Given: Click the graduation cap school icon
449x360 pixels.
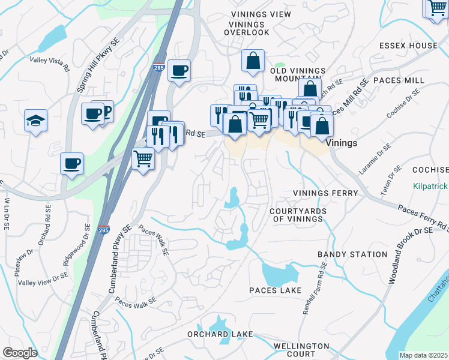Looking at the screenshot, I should coord(35,121).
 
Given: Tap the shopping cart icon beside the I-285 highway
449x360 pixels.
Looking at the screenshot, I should coord(143,159).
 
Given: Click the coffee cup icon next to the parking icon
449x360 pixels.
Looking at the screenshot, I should coord(93,113).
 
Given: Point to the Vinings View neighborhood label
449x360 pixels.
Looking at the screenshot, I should coord(261,14).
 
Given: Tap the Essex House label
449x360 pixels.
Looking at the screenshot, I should coord(408,46).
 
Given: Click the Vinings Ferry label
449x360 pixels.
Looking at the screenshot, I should coord(325,193).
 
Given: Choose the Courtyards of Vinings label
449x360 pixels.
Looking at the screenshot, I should coord(298,215).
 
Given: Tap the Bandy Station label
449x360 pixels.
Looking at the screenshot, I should coord(352,254).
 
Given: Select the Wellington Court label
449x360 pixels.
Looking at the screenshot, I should coord(301,350).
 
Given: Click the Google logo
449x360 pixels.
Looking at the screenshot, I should coord(20,353).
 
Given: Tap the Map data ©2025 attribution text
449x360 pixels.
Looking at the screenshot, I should coord(423,355).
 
